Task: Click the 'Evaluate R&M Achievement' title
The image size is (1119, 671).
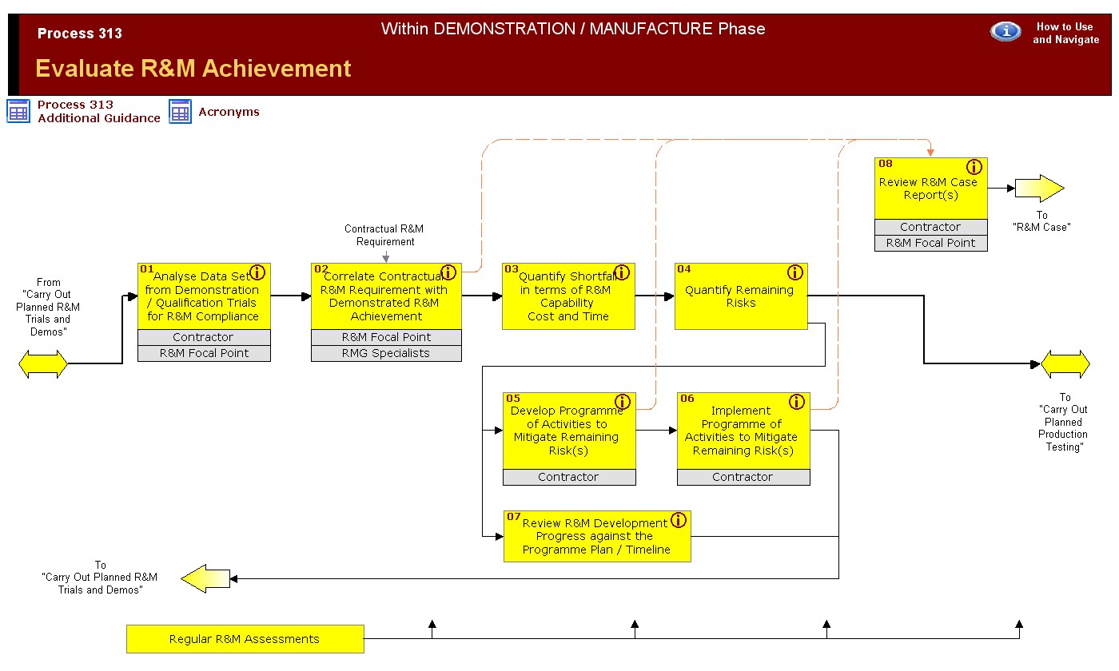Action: click(193, 69)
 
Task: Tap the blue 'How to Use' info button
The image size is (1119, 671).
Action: click(1006, 31)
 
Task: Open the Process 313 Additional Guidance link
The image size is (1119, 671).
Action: click(98, 111)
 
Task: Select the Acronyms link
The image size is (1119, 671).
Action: click(229, 112)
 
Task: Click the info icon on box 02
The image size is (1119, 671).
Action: click(448, 272)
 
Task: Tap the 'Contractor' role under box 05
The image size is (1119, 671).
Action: click(569, 477)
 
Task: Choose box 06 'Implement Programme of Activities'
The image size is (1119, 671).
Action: click(743, 431)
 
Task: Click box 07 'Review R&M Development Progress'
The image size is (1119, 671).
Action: click(597, 537)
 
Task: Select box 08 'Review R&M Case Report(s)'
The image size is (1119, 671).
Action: click(930, 189)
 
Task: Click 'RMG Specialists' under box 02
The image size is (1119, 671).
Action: click(386, 353)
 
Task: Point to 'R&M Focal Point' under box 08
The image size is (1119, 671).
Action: click(930, 243)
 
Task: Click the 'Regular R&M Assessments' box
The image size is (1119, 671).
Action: click(245, 639)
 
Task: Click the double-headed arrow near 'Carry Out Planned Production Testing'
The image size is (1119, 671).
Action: click(1065, 364)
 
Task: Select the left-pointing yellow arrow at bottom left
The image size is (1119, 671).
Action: click(205, 578)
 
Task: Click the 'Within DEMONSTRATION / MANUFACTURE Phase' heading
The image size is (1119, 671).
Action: click(573, 29)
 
